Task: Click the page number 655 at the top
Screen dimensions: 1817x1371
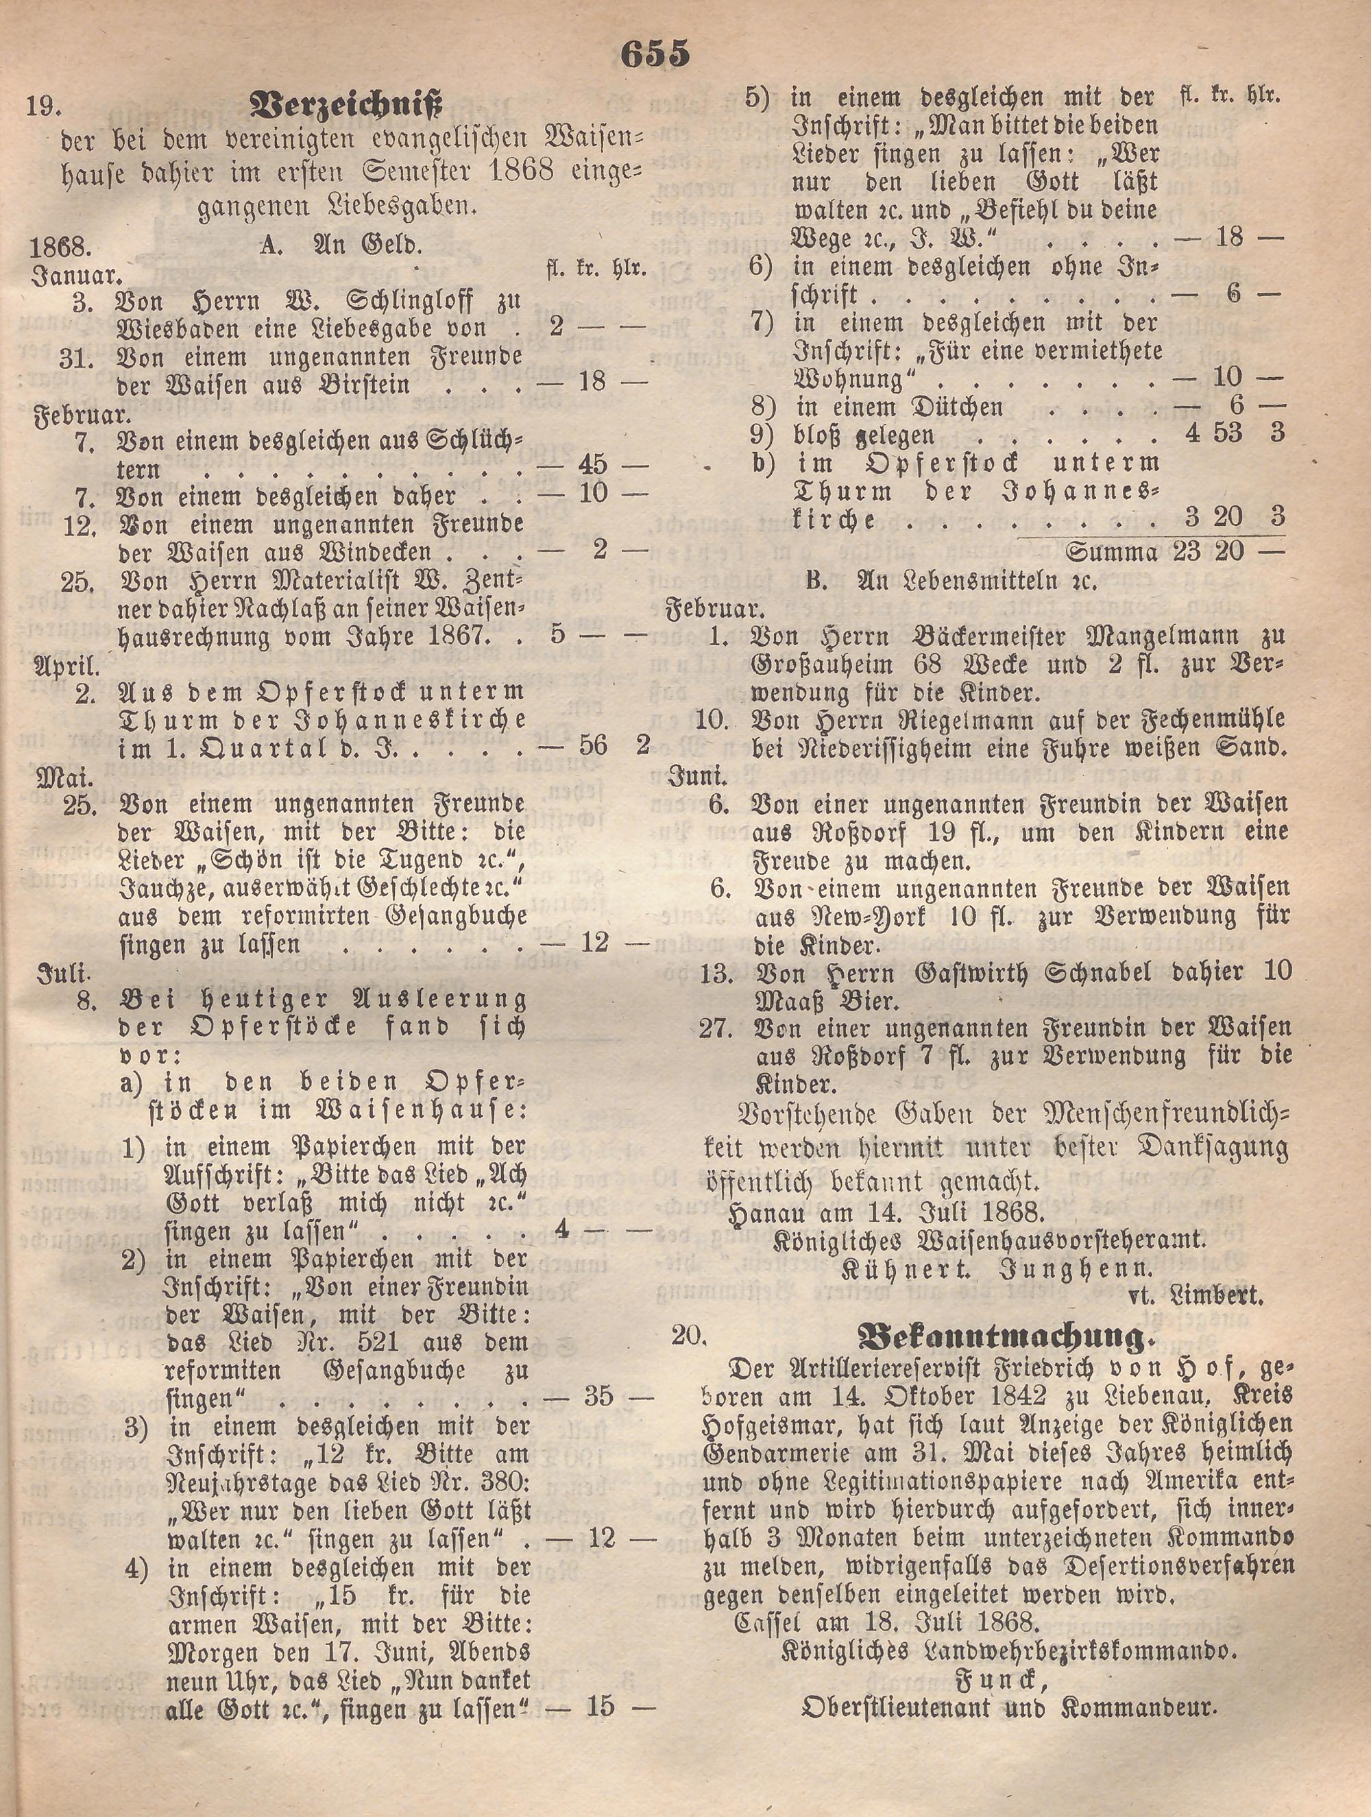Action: tap(655, 54)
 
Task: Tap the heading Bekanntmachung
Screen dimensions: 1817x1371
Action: tap(1002, 1337)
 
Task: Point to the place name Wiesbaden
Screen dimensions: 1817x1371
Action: tap(193, 328)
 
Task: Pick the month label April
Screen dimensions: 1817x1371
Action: tap(65, 664)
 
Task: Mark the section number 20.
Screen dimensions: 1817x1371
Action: tap(688, 1336)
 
